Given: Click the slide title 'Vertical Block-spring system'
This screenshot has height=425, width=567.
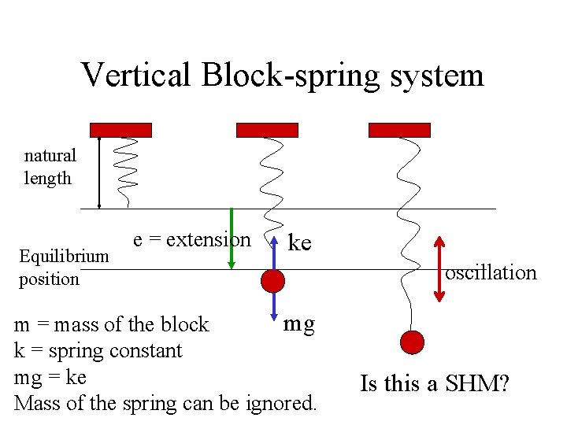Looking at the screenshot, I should click(x=282, y=76).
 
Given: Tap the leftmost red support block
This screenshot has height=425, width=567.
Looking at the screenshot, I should click(x=120, y=130).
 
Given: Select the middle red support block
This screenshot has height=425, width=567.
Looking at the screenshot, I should click(x=267, y=130).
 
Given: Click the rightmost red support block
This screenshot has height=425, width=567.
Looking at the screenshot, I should click(x=399, y=130).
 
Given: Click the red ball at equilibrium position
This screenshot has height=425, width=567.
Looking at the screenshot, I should click(x=272, y=280).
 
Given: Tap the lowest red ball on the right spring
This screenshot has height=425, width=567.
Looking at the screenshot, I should click(x=412, y=342).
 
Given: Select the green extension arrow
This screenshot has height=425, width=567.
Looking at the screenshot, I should click(x=231, y=238).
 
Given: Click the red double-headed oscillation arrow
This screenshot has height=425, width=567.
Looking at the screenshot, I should click(x=439, y=268).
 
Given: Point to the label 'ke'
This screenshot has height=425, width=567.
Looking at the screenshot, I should click(x=299, y=242).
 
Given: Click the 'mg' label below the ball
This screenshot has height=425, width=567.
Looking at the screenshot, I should click(x=299, y=323).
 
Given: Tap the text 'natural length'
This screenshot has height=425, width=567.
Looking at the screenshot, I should click(x=50, y=167).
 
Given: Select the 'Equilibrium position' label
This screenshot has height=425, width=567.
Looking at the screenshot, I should click(x=63, y=268).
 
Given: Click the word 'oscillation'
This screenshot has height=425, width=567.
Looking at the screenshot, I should click(x=491, y=273).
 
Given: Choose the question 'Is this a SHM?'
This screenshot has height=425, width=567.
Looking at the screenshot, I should click(x=434, y=384).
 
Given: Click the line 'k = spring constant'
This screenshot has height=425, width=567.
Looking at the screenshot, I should click(x=98, y=351).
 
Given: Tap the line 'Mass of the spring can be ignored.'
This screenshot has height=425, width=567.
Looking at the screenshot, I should click(x=165, y=404).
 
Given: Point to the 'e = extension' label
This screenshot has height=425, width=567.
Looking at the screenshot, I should click(x=191, y=239).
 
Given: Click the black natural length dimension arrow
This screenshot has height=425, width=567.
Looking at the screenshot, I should click(x=99, y=172).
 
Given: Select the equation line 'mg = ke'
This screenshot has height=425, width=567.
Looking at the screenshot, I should click(x=50, y=377).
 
